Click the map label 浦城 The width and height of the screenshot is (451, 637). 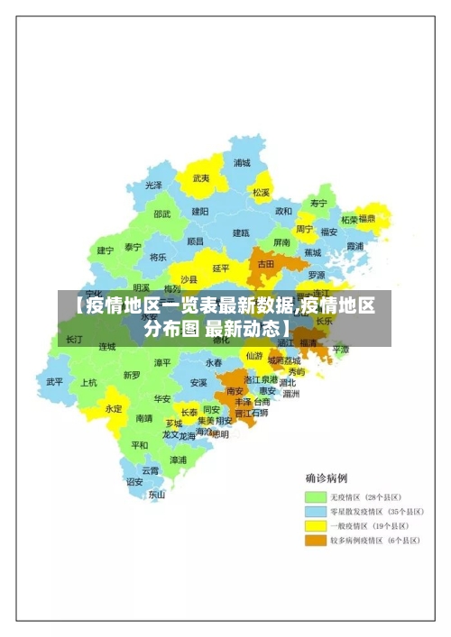[x=242, y=163]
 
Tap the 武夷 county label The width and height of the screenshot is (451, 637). [x=201, y=178]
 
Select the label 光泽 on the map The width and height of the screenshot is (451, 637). [x=154, y=185]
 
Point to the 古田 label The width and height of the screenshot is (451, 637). [x=266, y=264]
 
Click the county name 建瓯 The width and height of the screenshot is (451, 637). [x=241, y=232]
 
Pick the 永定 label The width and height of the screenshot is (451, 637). [x=114, y=408]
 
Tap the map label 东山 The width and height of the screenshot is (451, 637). [x=157, y=494]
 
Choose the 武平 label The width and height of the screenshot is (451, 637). [x=55, y=381]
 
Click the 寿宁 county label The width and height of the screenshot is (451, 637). [x=318, y=204]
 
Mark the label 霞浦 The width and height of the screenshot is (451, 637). [x=354, y=245]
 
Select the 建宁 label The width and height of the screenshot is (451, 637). [x=106, y=250]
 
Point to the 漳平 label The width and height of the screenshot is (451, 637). [x=162, y=362]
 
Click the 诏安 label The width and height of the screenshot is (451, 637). [x=134, y=481]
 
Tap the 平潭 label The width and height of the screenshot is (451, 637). [x=340, y=349]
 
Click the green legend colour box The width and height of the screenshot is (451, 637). [x=315, y=496]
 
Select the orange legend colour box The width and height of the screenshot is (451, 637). [x=315, y=541]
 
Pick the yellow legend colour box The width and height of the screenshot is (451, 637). [x=315, y=526]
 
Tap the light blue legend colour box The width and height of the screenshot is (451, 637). [x=315, y=511]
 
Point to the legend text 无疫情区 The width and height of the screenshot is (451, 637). [x=346, y=496]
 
